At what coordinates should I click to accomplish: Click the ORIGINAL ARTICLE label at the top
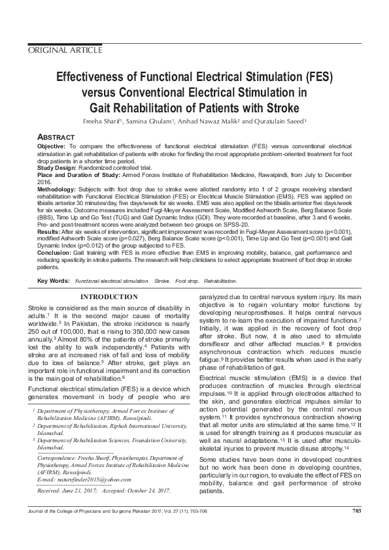tap(64, 50)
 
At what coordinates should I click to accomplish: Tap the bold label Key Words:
tap(54, 281)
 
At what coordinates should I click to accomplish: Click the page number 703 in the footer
tap(356, 510)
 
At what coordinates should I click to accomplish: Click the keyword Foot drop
tap(188, 281)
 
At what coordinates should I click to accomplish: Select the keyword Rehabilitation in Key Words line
tap(221, 281)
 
